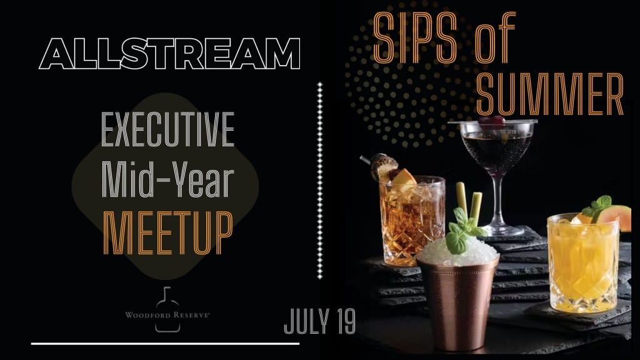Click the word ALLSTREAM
pyautogui.click(x=170, y=54)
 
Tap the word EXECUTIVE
pyautogui.click(x=167, y=129)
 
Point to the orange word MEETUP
pyautogui.click(x=167, y=232)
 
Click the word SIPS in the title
pyautogui.click(x=415, y=37)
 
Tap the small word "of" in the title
pyautogui.click(x=495, y=37)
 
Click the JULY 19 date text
pyautogui.click(x=319, y=322)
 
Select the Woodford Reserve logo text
pyautogui.click(x=167, y=315)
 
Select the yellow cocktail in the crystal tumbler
pyautogui.click(x=583, y=263)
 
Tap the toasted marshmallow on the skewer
pyautogui.click(x=384, y=165)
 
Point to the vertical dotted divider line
pyautogui.click(x=320, y=181)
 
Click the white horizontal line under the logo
pyautogui.click(x=165, y=344)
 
